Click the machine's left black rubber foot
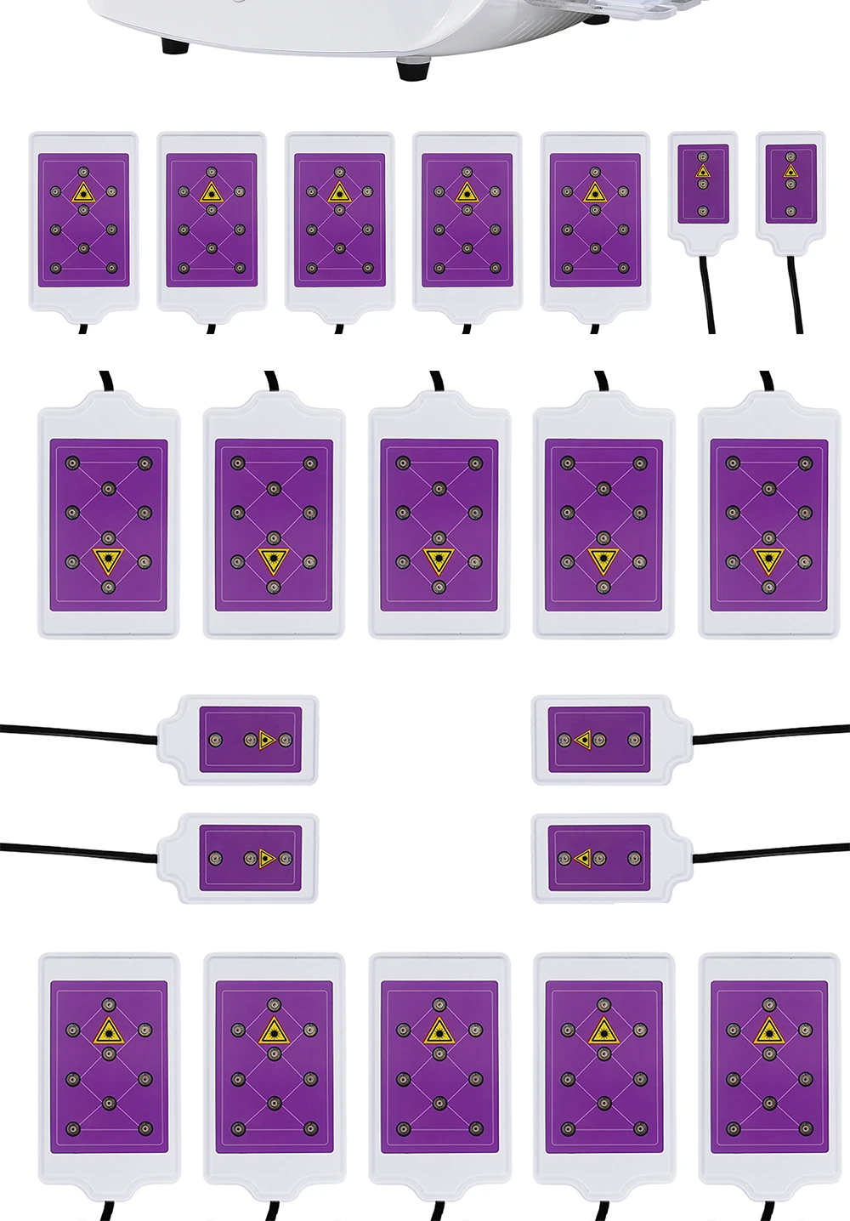tap(175, 45)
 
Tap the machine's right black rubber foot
tap(413, 69)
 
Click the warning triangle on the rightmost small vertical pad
tap(790, 172)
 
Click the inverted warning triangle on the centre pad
tap(439, 559)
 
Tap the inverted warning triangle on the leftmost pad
tap(108, 559)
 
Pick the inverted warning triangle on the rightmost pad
tap(768, 559)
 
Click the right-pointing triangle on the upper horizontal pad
tap(267, 740)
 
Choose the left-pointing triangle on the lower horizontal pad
tap(583, 859)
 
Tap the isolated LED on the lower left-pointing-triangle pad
tap(634, 859)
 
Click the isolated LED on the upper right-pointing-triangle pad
tap(216, 740)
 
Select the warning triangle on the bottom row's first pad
tap(108, 1031)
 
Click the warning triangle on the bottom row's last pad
tap(768, 1031)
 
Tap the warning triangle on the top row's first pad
tap(83, 193)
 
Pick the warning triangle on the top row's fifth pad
tap(594, 193)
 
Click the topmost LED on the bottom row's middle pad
tap(439, 1005)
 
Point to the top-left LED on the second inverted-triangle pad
tap(237, 463)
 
